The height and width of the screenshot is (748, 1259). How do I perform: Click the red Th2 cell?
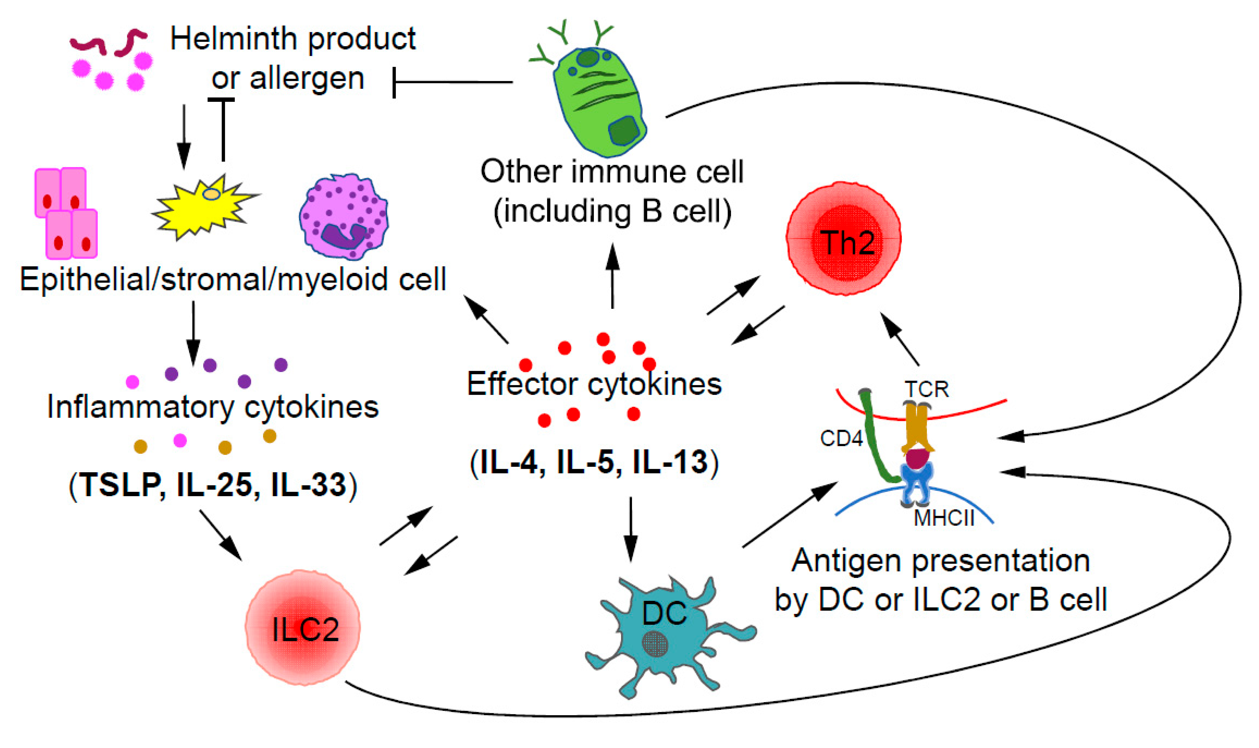[843, 238]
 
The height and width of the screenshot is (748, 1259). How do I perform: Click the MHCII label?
[943, 518]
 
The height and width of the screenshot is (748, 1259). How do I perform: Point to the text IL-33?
[308, 485]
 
